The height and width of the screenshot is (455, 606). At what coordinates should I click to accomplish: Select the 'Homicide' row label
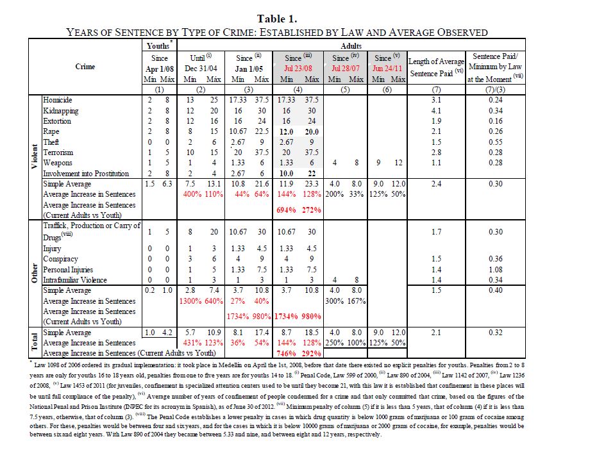pyautogui.click(x=58, y=100)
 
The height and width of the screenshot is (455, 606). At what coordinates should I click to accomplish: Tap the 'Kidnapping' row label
pyautogui.click(x=60, y=110)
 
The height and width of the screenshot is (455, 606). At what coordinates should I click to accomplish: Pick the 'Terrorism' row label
pyautogui.click(x=58, y=153)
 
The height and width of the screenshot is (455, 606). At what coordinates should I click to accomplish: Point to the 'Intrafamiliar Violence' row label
pyautogui.click(x=76, y=279)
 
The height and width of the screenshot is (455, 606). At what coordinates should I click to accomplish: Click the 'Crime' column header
pyautogui.click(x=85, y=67)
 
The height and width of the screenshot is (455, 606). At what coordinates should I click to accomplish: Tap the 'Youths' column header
pyautogui.click(x=157, y=46)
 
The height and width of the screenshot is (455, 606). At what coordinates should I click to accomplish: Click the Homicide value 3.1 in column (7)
pyautogui.click(x=436, y=100)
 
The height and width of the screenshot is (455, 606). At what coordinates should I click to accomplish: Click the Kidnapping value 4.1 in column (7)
pyautogui.click(x=436, y=110)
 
